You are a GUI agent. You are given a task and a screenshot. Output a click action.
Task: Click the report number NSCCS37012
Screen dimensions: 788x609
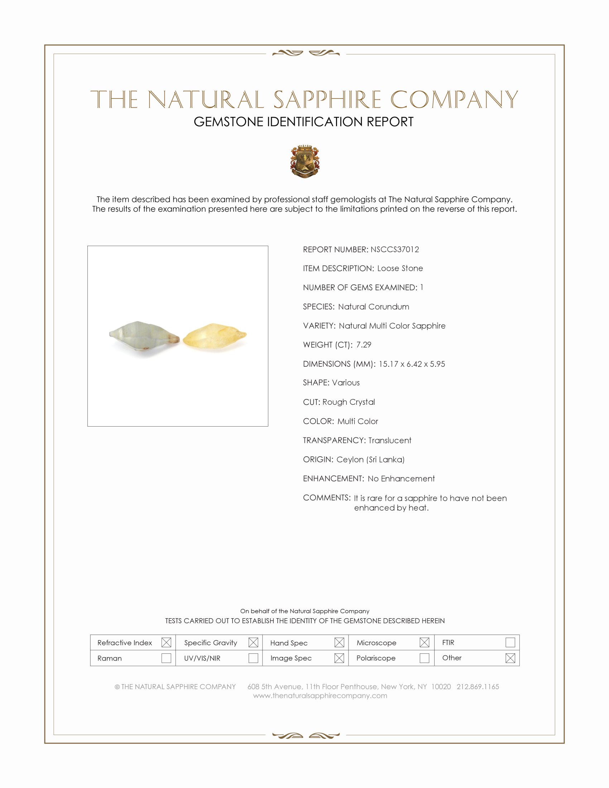pos(395,249)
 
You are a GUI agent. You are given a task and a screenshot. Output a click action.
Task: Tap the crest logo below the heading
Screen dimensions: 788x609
pos(305,161)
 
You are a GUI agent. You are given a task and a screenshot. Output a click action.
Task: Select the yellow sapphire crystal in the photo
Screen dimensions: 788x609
pos(215,338)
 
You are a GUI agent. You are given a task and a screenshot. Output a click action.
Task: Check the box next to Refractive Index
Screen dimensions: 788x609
pos(166,643)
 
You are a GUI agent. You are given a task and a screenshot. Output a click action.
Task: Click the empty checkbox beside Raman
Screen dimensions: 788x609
pos(166,658)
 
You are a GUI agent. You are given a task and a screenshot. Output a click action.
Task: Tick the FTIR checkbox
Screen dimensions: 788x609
pos(510,643)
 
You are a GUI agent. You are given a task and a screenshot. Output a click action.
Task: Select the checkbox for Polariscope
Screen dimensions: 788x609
pos(425,658)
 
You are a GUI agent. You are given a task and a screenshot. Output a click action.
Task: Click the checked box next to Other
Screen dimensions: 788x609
pos(510,658)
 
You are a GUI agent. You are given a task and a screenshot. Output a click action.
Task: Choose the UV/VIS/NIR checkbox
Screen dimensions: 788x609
pos(253,658)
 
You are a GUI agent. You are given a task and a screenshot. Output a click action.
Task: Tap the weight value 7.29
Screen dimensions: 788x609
pos(364,345)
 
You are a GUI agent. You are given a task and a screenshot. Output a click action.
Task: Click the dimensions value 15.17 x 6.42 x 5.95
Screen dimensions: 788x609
pos(412,364)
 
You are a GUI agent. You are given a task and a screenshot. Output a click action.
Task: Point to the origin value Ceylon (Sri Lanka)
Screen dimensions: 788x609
pos(370,460)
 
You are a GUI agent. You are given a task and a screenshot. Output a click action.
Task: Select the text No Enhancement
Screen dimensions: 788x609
pos(401,479)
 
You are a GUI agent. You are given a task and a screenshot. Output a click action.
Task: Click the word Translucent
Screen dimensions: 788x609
pos(390,441)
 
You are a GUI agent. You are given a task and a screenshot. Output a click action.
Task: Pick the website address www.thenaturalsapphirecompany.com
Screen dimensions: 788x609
pos(320,696)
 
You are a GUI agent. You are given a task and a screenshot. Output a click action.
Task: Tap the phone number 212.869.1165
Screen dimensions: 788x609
pos(478,687)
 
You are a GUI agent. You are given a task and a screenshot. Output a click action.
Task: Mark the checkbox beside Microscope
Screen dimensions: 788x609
pos(425,643)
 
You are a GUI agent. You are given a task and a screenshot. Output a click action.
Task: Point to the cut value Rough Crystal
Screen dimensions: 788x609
pos(349,402)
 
